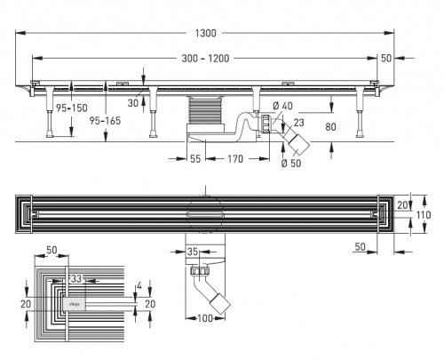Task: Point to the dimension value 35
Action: [194, 252]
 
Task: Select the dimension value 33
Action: [78, 279]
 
